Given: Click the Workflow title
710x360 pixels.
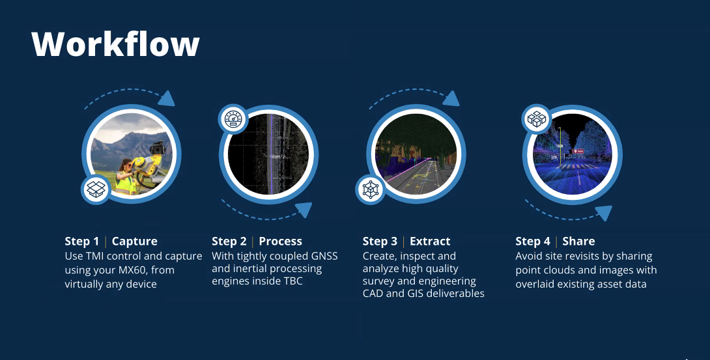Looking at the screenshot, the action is coord(115,44).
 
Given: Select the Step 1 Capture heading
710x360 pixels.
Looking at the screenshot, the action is coord(111,241).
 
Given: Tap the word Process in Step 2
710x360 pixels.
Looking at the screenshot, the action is coord(280,241).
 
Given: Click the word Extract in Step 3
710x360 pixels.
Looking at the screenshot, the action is coord(430,241).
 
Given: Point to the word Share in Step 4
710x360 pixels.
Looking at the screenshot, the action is coord(578,241).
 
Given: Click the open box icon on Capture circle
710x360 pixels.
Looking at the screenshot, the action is coord(96,189).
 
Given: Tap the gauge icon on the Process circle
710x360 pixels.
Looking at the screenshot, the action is coord(233,119).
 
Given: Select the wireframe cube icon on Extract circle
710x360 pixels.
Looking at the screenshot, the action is coord(371,189).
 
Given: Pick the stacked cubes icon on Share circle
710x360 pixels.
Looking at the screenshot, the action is coord(537,119).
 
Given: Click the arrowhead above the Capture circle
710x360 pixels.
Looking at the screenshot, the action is coord(167,99).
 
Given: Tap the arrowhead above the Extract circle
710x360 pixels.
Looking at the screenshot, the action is coord(451,98).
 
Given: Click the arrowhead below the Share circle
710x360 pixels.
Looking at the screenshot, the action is coord(604,213).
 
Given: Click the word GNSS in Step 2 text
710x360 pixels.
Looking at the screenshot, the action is coord(324,256).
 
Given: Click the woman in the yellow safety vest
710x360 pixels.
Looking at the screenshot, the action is coord(125,176).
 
